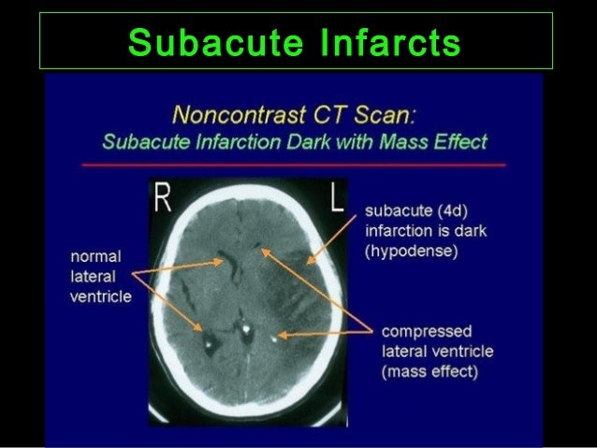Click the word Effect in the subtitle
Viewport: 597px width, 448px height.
[459, 143]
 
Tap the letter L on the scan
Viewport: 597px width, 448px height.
[335, 200]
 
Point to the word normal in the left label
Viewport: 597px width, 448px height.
[94, 255]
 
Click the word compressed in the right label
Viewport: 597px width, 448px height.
[426, 331]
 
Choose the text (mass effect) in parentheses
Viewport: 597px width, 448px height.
[430, 371]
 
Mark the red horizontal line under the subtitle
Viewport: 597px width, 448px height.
[294, 164]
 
